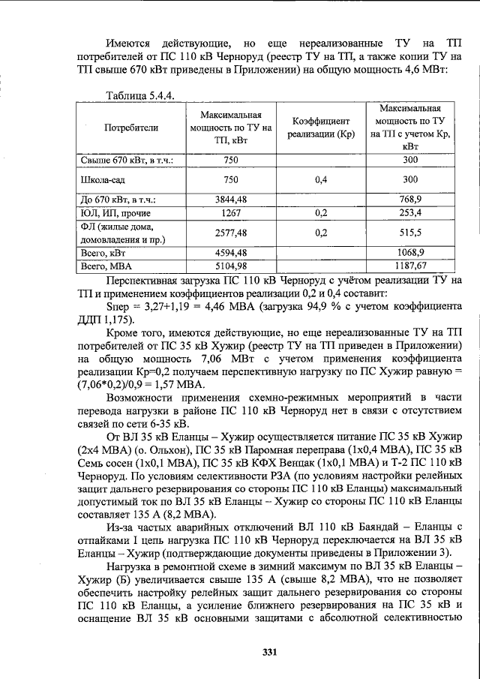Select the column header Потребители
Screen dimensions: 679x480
[131, 128]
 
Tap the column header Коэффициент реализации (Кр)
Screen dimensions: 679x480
[322, 128]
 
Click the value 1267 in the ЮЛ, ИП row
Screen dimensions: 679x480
[231, 213]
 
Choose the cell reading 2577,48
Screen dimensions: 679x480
[231, 233]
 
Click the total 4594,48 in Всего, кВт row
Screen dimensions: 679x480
[231, 253]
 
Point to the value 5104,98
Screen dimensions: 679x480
[231, 266]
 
